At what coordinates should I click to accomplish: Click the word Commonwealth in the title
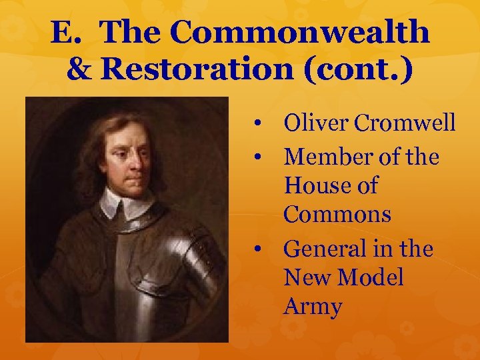click(300, 32)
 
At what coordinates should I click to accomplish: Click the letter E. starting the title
click(65, 32)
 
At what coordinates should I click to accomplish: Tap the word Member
click(327, 157)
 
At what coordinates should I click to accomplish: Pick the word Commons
click(337, 215)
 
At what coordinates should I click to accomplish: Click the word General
click(326, 249)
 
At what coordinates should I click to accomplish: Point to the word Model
click(372, 278)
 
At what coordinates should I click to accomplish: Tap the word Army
click(312, 307)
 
